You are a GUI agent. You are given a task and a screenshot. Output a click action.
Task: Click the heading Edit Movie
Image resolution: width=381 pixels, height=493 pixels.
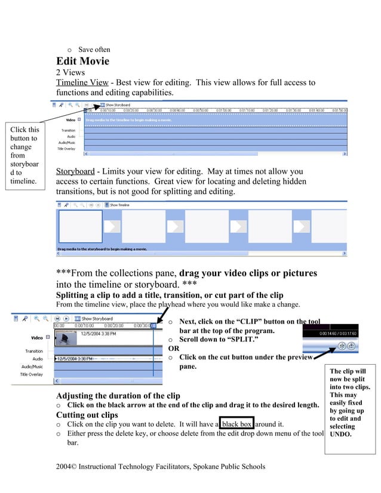pyautogui.click(x=82, y=61)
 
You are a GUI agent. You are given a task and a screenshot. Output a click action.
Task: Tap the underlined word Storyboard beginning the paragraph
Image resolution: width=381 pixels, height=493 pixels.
pyautogui.click(x=75, y=172)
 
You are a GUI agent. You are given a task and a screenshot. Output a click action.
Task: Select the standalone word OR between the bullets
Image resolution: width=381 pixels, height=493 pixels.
pyautogui.click(x=174, y=349)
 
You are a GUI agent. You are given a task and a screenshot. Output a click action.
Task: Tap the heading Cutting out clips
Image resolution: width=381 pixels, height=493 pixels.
pyautogui.click(x=87, y=415)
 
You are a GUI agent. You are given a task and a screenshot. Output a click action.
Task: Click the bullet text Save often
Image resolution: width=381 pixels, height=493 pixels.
pyautogui.click(x=94, y=50)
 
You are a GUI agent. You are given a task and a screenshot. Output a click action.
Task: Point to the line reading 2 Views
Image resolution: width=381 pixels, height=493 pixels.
pyautogui.click(x=70, y=72)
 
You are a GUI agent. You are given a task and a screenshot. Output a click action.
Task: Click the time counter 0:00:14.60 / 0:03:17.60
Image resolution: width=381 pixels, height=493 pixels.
pyautogui.click(x=337, y=334)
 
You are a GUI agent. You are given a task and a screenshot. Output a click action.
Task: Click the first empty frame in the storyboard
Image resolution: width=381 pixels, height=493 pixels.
pyautogui.click(x=80, y=226)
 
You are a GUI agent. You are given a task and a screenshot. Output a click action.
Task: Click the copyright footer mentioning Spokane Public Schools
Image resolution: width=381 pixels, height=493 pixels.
pyautogui.click(x=160, y=466)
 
